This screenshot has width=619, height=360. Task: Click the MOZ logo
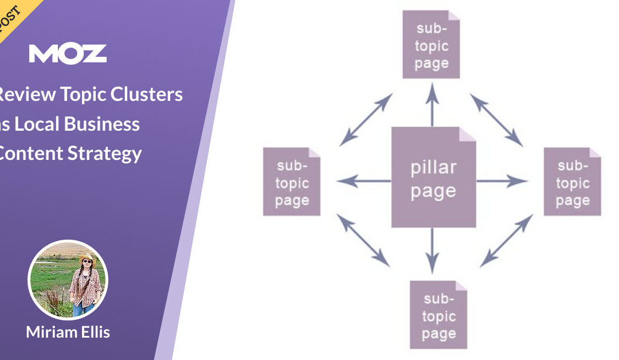pyautogui.click(x=68, y=53)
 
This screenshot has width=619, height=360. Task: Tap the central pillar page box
pyautogui.click(x=433, y=178)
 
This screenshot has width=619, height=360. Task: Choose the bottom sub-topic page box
pyautogui.click(x=438, y=315)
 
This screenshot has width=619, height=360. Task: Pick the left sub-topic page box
pyautogui.click(x=292, y=182)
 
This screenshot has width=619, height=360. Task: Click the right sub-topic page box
pyautogui.click(x=572, y=182)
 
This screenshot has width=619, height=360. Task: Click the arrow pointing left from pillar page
pyautogui.click(x=363, y=182)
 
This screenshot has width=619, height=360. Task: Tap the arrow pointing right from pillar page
pyautogui.click(x=502, y=182)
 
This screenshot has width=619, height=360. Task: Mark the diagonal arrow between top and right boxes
pyautogui.click(x=496, y=120)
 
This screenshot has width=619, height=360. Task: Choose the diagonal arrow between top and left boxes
pyautogui.click(x=366, y=120)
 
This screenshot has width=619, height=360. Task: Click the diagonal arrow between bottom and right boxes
pyautogui.click(x=505, y=240)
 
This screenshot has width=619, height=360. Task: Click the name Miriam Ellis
pyautogui.click(x=67, y=332)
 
